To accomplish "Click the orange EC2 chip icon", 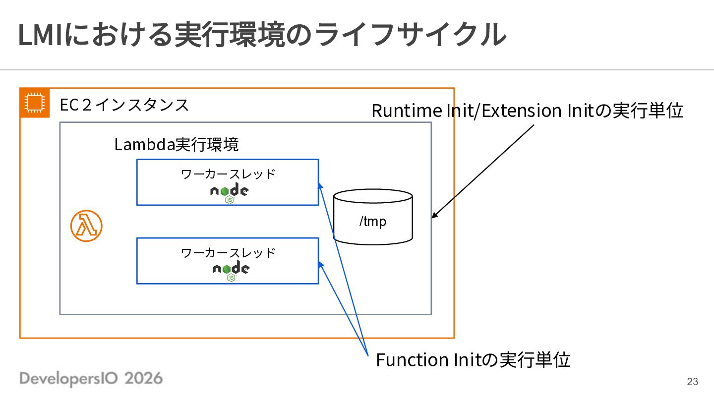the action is (x=35, y=103).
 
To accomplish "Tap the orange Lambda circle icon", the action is (x=86, y=226).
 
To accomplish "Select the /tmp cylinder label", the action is (x=373, y=221).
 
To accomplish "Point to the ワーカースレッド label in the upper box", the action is (x=228, y=174).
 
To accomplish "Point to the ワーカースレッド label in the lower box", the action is (x=228, y=253).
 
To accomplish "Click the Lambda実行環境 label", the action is (x=177, y=144).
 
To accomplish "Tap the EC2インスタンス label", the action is (x=124, y=105).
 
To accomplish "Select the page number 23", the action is (x=692, y=381).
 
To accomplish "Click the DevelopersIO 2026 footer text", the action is (x=91, y=379).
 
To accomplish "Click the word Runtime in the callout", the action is (x=407, y=111).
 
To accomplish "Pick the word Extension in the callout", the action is (x=522, y=111).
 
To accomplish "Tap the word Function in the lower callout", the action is (x=413, y=360).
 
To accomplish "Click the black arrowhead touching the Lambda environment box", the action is (x=435, y=215).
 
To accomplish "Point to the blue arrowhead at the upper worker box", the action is (x=320, y=186).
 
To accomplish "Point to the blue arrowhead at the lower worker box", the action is (x=321, y=265).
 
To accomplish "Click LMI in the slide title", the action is (x=40, y=35).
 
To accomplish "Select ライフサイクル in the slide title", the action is (x=409, y=35).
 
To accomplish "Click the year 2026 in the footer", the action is (x=143, y=379).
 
